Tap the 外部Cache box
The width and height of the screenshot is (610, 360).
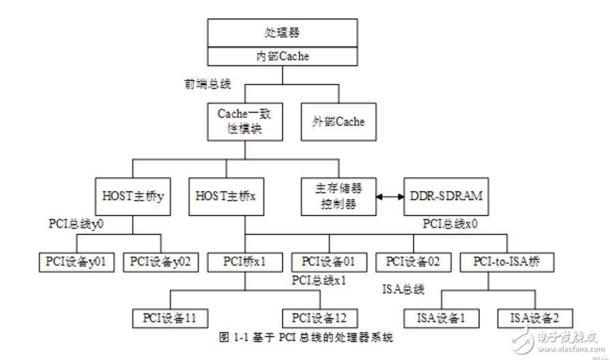[338, 122]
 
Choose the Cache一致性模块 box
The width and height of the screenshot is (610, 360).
[244, 122]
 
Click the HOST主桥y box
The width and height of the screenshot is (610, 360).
[133, 196]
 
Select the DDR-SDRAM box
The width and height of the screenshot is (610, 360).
[447, 196]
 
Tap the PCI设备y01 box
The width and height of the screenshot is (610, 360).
[76, 261]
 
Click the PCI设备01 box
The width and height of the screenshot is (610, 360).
[329, 261]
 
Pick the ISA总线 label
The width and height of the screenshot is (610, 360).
[403, 289]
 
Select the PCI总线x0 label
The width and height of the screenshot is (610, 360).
[449, 224]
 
